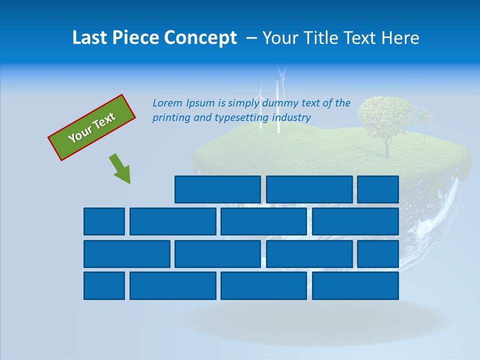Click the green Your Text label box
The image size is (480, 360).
point(92,127)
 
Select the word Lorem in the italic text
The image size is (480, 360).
point(168,103)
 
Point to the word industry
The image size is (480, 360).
point(291,117)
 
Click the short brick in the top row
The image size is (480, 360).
point(377,189)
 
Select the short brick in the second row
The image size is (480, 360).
point(104,221)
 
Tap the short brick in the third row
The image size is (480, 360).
point(377,253)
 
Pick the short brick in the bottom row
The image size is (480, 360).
point(104,285)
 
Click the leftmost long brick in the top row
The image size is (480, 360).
point(217,189)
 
